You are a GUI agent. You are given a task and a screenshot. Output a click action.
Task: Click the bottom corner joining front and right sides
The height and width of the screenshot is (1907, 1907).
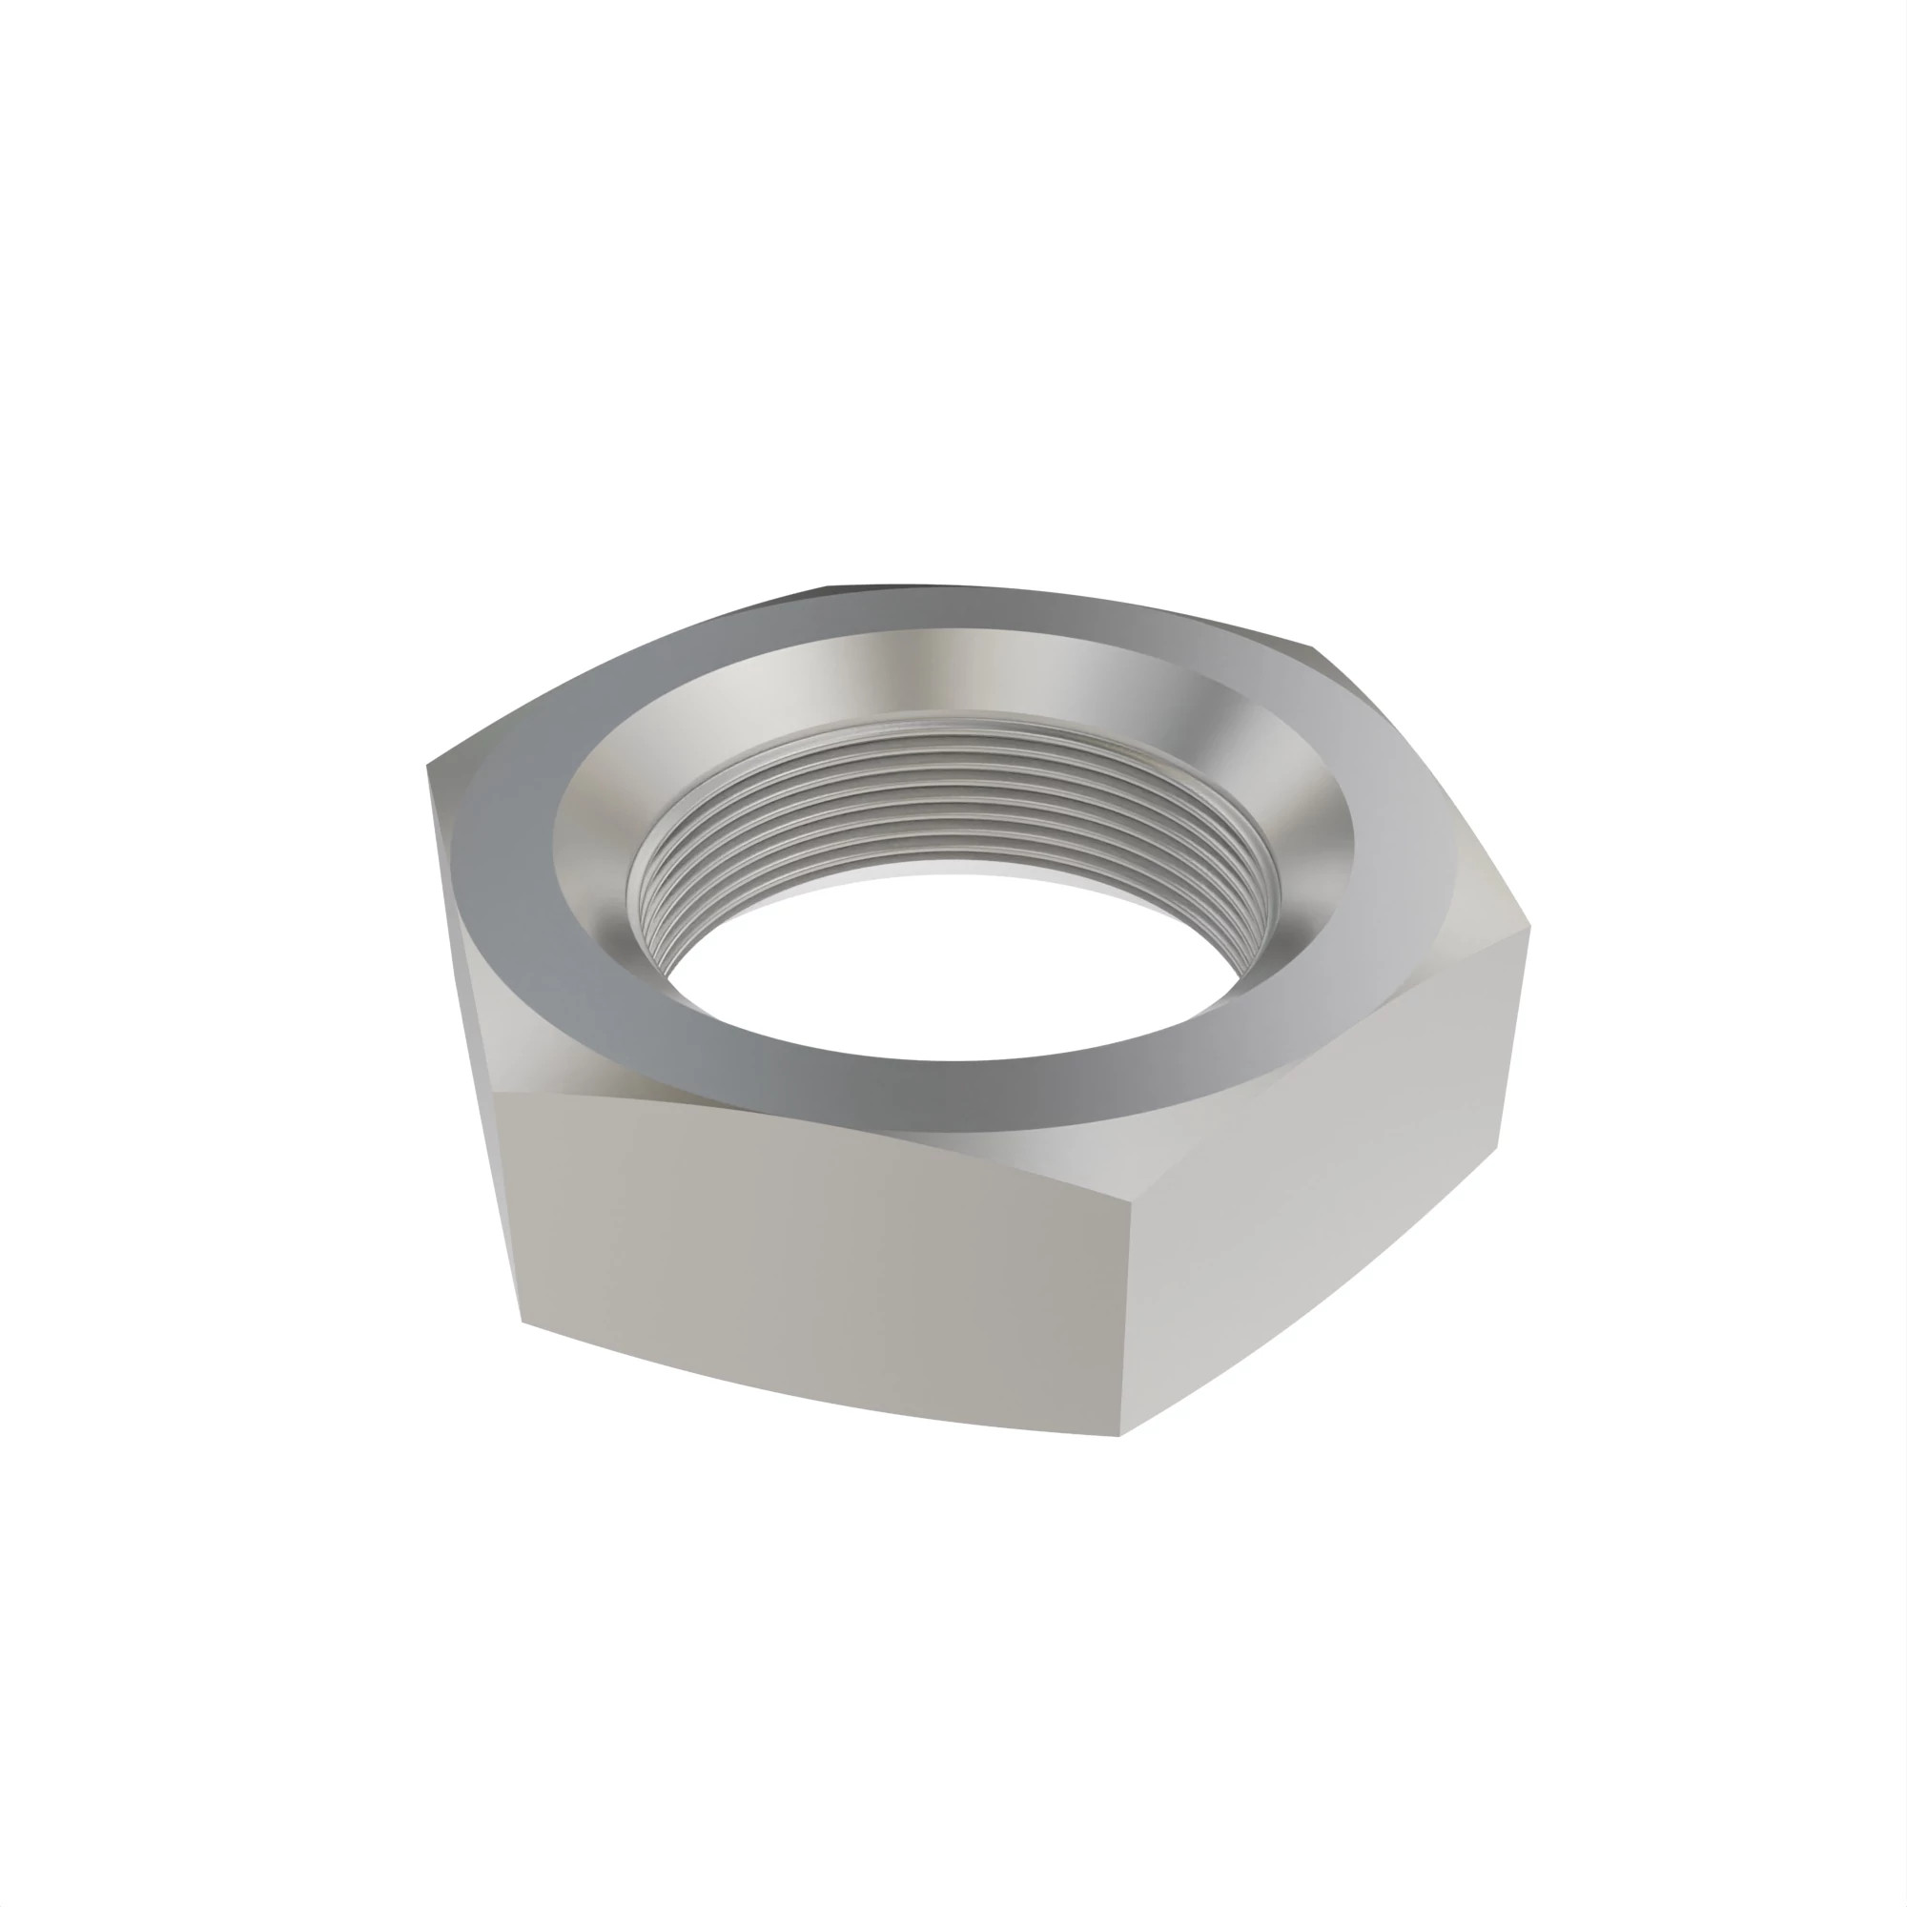pos(1120,1435)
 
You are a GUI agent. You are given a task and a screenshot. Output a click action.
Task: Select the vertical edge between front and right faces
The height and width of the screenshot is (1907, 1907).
pos(1124,1313)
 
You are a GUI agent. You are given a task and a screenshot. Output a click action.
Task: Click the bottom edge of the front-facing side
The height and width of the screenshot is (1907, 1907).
pos(819,1382)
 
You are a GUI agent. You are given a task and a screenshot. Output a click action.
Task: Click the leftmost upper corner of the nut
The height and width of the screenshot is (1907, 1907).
pos(428,766)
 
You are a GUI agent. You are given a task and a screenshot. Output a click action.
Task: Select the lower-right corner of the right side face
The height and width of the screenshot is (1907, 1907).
pos(1498,1145)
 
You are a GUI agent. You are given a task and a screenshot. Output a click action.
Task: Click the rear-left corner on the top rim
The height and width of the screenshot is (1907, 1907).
pos(827,586)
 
